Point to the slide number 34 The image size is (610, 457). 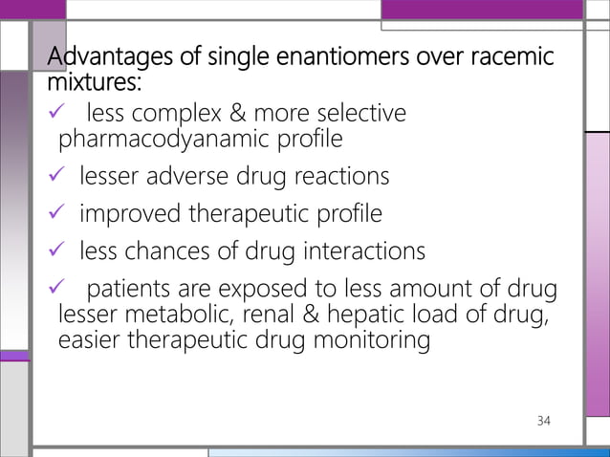pos(545,421)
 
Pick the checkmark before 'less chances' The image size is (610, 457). pos(58,251)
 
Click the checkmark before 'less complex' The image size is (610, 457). pos(58,116)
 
